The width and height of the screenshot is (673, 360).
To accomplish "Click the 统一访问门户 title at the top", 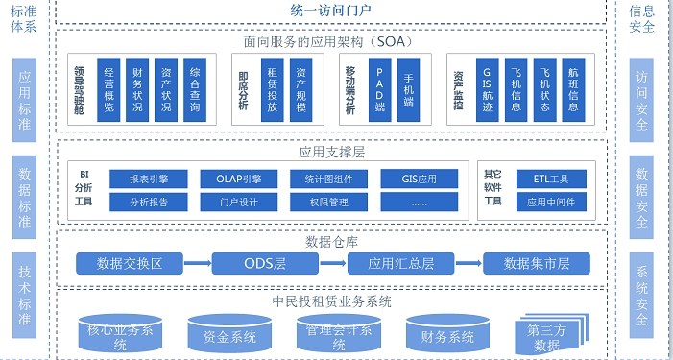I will (x=330, y=11).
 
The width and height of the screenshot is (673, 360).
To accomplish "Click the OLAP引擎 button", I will (x=237, y=180).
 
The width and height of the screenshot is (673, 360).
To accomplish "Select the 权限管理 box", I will (x=329, y=203).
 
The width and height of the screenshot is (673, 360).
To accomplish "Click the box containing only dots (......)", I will (x=420, y=203).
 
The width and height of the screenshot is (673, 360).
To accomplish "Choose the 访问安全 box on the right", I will (x=642, y=97).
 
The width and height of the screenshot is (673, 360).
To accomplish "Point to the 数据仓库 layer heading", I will (x=331, y=240).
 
